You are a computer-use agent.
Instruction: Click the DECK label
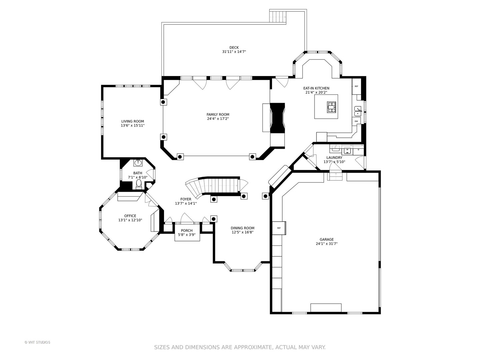point(234,47)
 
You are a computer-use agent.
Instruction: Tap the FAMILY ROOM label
point(218,114)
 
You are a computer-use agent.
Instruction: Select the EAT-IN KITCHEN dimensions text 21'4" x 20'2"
point(316,92)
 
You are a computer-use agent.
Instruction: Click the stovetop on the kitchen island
point(331,107)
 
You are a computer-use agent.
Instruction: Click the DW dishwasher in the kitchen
point(356,121)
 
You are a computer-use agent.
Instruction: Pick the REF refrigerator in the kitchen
point(356,86)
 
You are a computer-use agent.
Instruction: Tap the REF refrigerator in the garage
point(279,228)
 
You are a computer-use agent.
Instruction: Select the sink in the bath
point(138,162)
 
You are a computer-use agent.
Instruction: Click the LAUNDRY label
point(334,157)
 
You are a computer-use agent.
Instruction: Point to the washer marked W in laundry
point(347,150)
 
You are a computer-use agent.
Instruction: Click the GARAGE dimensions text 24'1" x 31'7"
point(326,243)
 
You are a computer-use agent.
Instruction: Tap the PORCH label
point(187,230)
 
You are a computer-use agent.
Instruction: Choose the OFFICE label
point(130,216)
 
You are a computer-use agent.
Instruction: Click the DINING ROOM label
point(242,228)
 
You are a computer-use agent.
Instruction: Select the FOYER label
point(186,199)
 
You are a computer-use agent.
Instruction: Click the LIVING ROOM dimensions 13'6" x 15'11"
point(133,125)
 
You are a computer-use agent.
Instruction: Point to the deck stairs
point(278,17)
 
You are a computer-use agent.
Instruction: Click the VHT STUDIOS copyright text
point(37,342)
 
